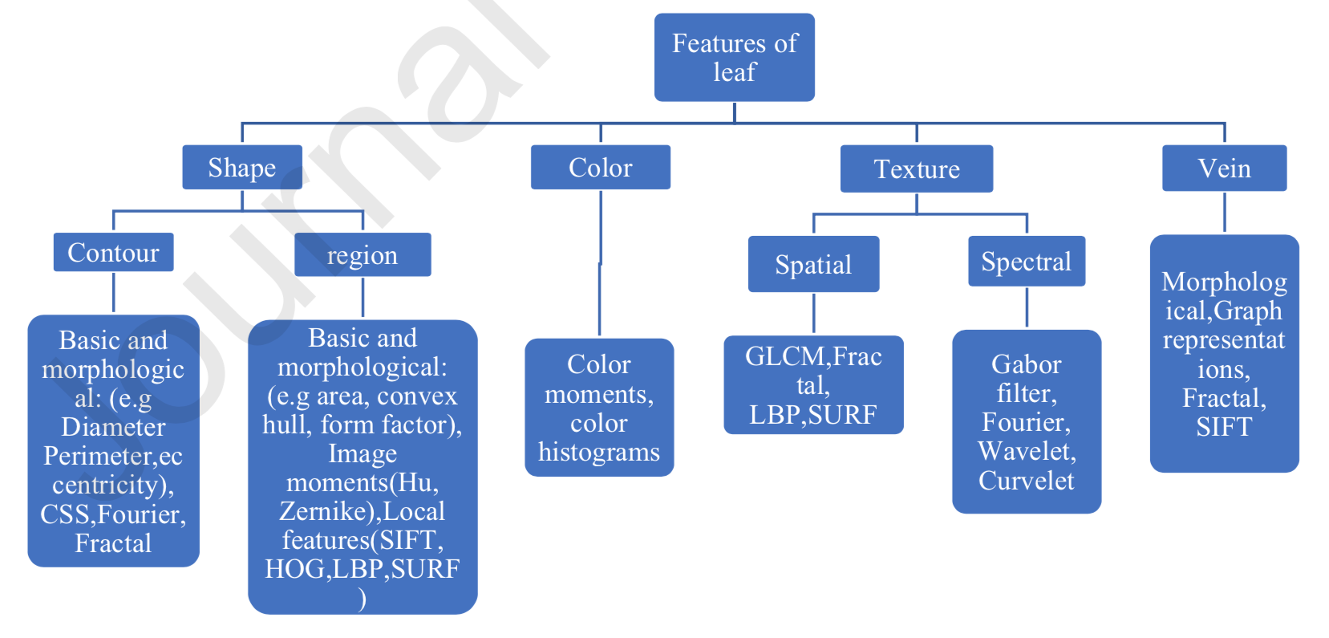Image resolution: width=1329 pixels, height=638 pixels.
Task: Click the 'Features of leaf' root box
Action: pos(734,57)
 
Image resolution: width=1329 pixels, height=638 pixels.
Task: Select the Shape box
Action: pos(241,167)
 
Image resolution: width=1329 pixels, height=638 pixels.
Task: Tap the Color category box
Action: pos(600,167)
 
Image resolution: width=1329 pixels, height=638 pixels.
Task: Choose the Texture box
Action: pos(916,169)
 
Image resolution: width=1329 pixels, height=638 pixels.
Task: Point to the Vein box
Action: pos(1224,168)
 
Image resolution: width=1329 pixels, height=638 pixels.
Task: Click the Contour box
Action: pos(113,252)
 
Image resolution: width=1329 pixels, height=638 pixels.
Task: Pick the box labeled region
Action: pos(363,254)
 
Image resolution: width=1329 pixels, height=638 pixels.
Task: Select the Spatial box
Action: pos(813,264)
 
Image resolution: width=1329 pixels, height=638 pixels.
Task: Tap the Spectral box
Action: pos(1026,261)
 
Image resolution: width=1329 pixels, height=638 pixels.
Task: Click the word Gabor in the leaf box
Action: pos(1026,364)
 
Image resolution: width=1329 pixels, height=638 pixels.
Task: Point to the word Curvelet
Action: pos(1026,480)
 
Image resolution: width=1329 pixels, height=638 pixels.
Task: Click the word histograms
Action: pos(599,452)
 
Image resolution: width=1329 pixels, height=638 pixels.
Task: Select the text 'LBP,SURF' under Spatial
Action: pos(812,414)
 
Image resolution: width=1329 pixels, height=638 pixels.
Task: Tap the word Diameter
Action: pos(113,426)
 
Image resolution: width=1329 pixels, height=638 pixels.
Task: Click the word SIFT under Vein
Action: pos(1223,426)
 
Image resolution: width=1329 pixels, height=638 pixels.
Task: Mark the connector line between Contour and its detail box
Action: pos(113,292)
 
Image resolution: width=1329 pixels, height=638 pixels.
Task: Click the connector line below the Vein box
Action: pos(1224,213)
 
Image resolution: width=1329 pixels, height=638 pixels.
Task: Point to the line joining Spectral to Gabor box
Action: pos(1027,307)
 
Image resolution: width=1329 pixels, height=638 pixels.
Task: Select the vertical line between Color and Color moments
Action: pos(600,265)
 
